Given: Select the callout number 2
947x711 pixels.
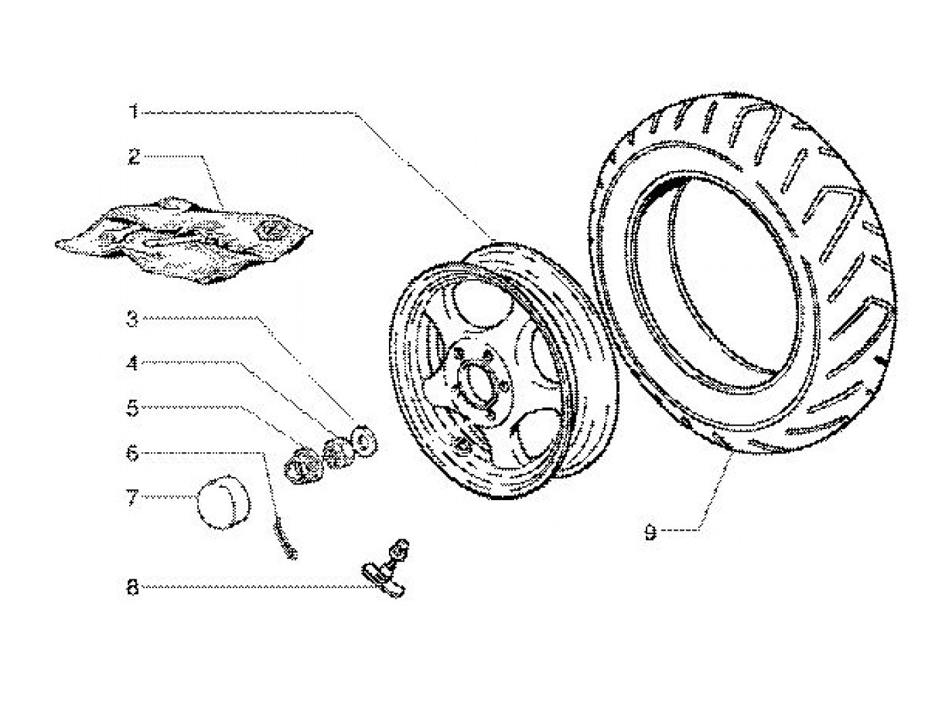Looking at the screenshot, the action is pos(134,157).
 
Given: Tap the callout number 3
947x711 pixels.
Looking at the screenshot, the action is pos(133,319).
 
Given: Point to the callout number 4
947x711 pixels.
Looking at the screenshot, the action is pos(133,364).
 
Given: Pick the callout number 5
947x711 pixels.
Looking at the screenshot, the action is pos(133,408).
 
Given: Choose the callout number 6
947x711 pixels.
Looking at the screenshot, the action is pos(133,453).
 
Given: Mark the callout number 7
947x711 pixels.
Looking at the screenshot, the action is pos(133,499).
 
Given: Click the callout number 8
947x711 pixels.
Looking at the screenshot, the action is pos(133,588).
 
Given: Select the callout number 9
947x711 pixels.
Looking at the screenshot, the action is pos(650,533).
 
